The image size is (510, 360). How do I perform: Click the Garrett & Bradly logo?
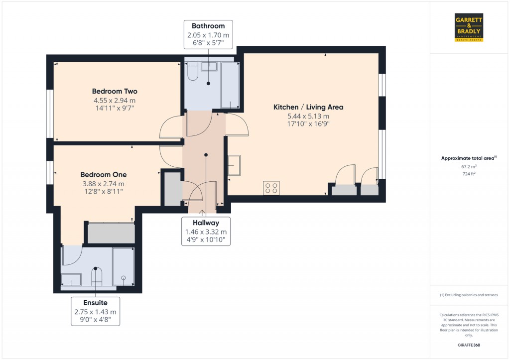(469, 27)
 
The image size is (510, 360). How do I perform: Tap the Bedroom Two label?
(115, 92)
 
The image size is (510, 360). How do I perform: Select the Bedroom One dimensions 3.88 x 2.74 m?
(104, 184)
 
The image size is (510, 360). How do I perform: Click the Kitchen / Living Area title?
(308, 107)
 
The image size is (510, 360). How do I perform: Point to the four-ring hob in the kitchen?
(271, 188)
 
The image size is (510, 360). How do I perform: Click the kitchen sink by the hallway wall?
(234, 165)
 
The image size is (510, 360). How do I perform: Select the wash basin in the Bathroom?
(209, 66)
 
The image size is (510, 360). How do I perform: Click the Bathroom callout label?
(208, 34)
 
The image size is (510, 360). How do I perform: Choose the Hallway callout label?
(206, 231)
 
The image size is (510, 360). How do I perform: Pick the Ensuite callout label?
(95, 311)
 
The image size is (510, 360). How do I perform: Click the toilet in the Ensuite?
(97, 277)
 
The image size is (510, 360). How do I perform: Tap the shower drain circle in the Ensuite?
(124, 278)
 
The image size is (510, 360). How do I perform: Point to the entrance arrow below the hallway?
(202, 213)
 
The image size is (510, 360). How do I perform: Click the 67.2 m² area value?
(469, 166)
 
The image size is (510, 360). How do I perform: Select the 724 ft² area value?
(469, 174)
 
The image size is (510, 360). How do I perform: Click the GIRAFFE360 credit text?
(469, 345)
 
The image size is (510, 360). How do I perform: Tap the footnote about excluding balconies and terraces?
(469, 295)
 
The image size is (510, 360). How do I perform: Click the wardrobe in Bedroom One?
(111, 233)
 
